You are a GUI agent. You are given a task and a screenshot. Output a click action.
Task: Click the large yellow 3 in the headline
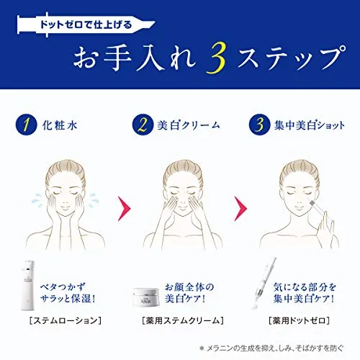215,58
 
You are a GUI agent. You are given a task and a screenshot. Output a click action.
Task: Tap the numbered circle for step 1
27,125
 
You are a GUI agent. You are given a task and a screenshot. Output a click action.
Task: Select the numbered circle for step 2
143,125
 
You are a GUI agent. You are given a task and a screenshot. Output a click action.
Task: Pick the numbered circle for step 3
259,125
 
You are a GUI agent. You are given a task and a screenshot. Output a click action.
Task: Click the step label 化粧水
60,125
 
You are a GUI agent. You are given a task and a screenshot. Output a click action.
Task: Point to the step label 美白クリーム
189,125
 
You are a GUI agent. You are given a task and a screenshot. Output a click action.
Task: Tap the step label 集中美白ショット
310,125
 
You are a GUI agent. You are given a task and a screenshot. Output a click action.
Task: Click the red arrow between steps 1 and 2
125,208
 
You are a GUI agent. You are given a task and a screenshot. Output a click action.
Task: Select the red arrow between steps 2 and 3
240,208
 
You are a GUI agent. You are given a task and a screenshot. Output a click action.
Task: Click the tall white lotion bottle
27,285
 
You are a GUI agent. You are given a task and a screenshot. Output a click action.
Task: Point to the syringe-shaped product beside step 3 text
264,284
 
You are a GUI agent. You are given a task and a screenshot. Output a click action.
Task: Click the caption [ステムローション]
66,320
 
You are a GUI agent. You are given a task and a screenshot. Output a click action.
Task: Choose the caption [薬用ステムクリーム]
183,320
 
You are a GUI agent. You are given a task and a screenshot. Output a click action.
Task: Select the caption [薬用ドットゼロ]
300,320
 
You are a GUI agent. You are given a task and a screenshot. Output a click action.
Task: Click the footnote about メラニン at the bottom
271,348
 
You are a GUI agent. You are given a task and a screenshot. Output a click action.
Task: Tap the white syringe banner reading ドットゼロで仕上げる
86,24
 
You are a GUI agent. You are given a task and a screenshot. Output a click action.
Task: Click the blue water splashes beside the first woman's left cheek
94,199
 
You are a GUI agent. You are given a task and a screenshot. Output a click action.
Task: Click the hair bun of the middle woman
183,171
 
